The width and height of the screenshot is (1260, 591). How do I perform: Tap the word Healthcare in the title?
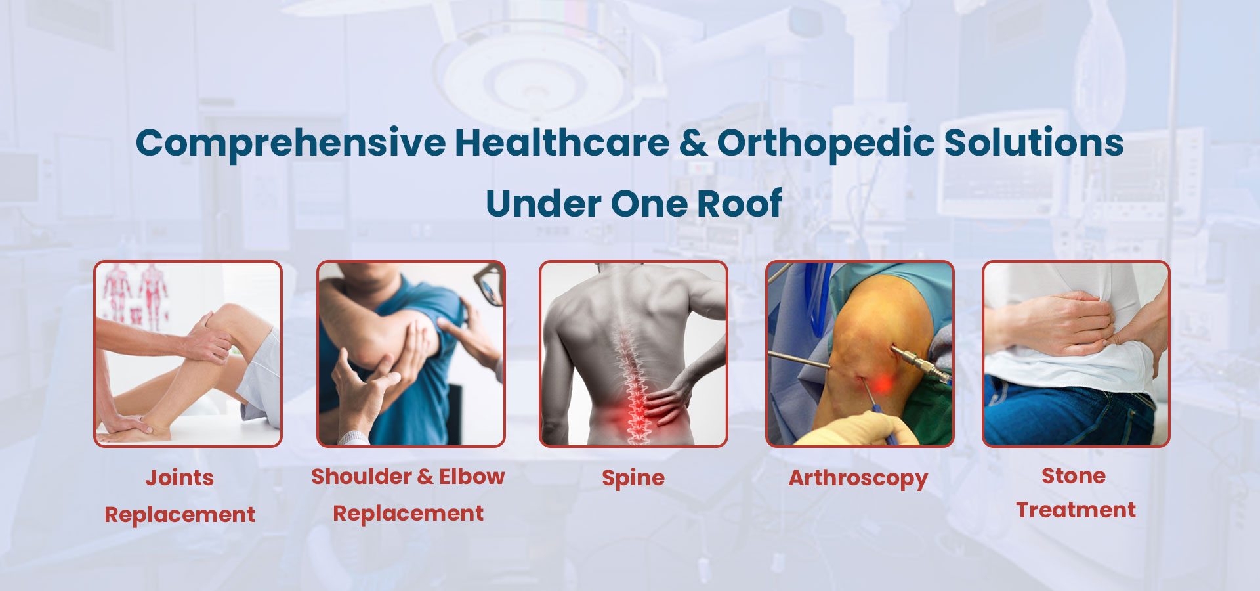(x=562, y=142)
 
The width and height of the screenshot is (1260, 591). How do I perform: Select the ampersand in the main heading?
(x=694, y=143)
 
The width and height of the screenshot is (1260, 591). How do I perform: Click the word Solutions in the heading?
(x=1034, y=142)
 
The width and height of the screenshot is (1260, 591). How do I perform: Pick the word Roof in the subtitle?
(x=739, y=204)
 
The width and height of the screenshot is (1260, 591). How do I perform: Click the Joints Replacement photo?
(x=188, y=354)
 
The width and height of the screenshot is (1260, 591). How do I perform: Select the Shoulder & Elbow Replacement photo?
(x=411, y=354)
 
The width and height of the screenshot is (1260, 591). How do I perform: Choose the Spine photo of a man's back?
(x=633, y=354)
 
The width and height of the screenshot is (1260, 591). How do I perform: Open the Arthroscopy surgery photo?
(x=860, y=354)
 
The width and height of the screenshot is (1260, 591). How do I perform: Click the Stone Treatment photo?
(x=1076, y=354)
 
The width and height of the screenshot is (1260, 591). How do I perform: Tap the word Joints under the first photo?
(x=180, y=478)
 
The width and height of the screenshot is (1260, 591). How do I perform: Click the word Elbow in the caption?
(x=472, y=476)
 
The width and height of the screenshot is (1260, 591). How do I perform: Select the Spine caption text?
(x=633, y=479)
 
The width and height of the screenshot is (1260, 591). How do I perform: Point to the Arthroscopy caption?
(x=858, y=479)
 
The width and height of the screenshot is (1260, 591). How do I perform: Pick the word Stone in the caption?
(x=1074, y=475)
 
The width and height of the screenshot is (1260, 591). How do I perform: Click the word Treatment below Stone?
(x=1076, y=510)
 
